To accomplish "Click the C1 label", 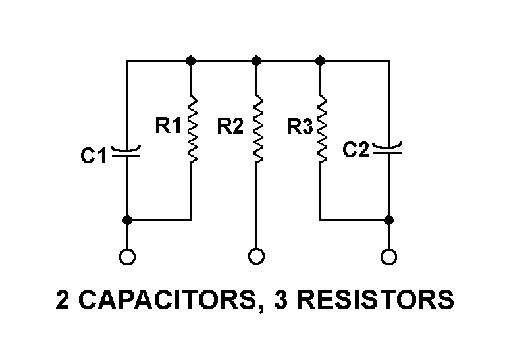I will (93, 157).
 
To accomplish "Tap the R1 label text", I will (168, 126).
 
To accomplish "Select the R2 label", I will (230, 126).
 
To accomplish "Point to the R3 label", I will (300, 127).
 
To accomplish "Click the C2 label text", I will (356, 151).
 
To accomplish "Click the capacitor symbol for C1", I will (127, 153).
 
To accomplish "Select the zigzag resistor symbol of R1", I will (191, 130).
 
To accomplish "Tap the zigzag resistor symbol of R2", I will (257, 130).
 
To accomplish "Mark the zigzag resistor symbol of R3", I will (321, 130).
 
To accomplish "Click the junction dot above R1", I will (191, 61).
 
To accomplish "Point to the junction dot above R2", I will (257, 61).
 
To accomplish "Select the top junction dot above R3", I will (321, 61).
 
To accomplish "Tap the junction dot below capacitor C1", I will (127, 220).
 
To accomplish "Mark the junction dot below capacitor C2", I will (388, 220).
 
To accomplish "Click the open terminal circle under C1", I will (127, 256).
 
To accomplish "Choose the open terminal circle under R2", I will (257, 256).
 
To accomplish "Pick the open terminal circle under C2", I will (388, 256).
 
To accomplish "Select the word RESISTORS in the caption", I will (375, 300).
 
